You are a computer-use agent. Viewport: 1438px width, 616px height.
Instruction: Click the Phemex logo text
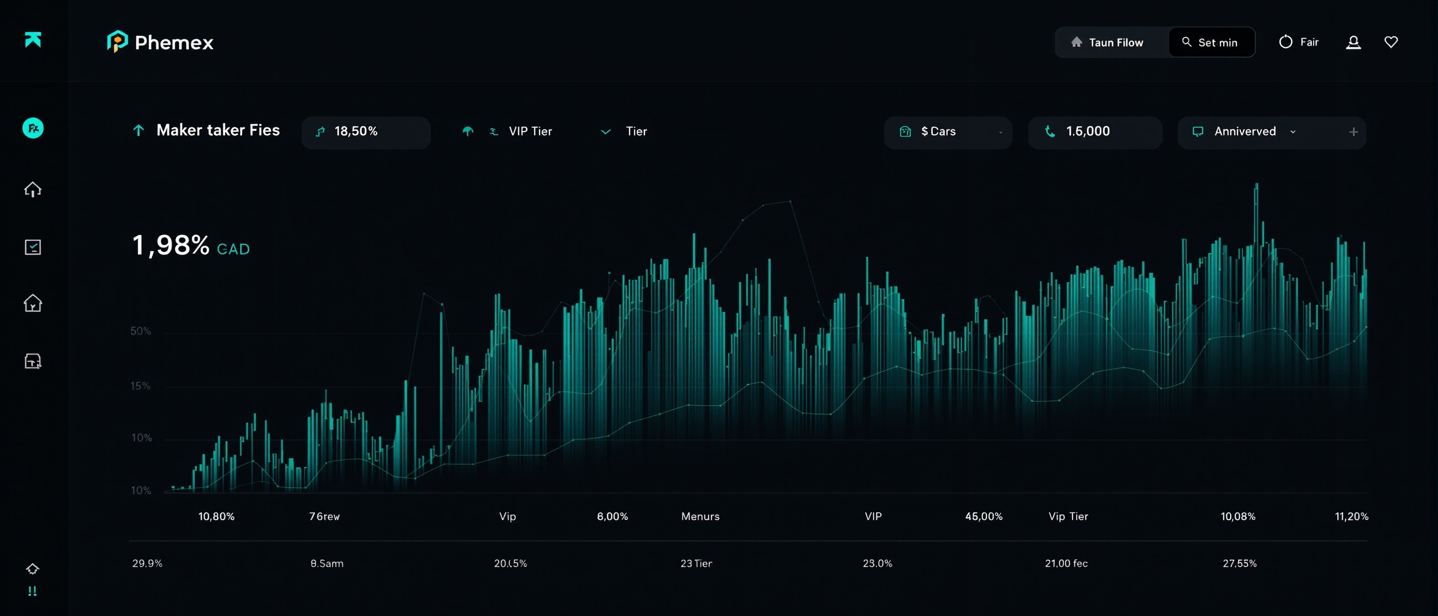[174, 43]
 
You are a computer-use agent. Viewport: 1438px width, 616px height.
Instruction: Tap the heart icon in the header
[1391, 42]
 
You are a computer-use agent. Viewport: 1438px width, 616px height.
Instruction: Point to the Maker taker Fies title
[218, 130]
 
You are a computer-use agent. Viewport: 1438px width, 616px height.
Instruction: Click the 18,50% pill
[365, 132]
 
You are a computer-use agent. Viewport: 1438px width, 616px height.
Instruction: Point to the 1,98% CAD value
[190, 246]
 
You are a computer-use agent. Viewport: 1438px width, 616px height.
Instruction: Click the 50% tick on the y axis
[141, 331]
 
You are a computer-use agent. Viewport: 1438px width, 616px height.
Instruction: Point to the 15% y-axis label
[141, 386]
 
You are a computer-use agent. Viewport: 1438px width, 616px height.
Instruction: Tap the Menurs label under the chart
[700, 517]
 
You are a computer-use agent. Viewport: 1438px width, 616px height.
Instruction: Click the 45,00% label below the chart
[984, 517]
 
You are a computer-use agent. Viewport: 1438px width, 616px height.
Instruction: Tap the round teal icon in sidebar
[33, 128]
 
